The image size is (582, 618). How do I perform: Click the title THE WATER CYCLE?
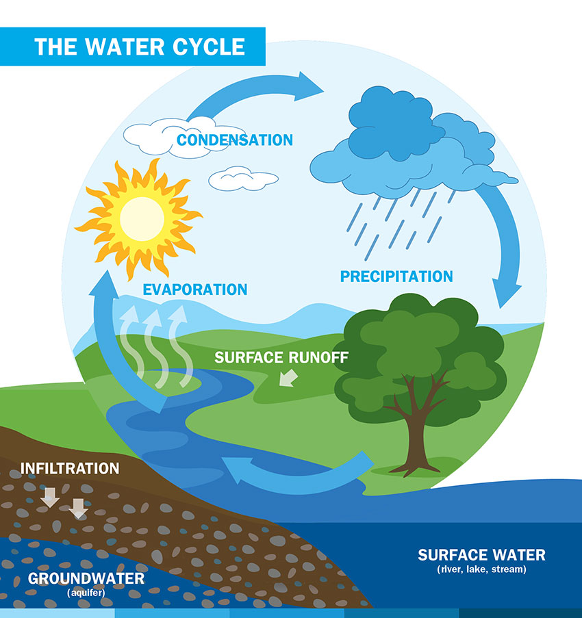[x=140, y=47]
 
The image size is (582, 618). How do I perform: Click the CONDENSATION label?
[x=235, y=140]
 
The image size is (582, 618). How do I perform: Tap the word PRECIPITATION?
[x=396, y=276]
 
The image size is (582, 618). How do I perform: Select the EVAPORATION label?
[x=194, y=289]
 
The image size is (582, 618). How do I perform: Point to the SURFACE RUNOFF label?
[x=281, y=357]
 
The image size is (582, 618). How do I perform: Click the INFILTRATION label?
[x=70, y=468]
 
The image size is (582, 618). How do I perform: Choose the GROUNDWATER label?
[x=86, y=578]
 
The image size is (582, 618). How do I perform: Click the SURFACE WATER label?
[x=481, y=555]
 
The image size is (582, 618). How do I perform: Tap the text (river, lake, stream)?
[x=481, y=569]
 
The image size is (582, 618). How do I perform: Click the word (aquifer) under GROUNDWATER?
[x=86, y=593]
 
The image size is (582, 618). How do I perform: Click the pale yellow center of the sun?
[x=142, y=219]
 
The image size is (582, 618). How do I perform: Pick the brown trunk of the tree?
[x=416, y=433]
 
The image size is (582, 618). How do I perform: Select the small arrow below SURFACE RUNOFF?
[x=288, y=378]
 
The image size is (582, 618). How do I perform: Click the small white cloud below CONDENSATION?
[x=243, y=179]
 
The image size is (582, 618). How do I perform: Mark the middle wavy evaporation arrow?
[x=155, y=347]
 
